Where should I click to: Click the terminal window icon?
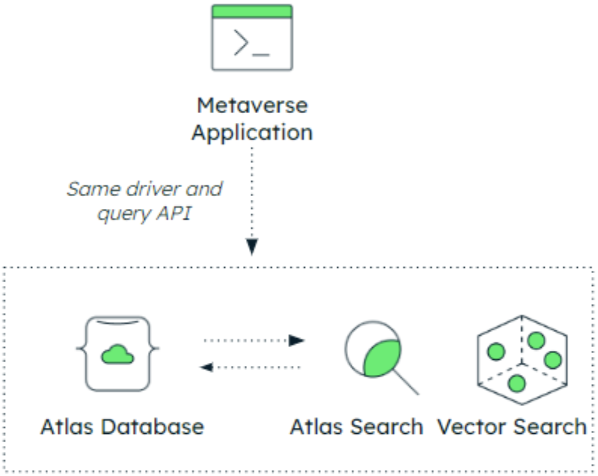[252, 38]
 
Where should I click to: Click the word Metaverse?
[252, 106]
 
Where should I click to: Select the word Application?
[252, 133]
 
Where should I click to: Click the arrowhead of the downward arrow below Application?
[252, 246]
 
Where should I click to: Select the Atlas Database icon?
[118, 353]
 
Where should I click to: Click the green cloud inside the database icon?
[118, 355]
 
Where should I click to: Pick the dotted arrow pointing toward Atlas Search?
[254, 341]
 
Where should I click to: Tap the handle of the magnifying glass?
[406, 382]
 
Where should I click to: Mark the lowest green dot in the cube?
[516, 383]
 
